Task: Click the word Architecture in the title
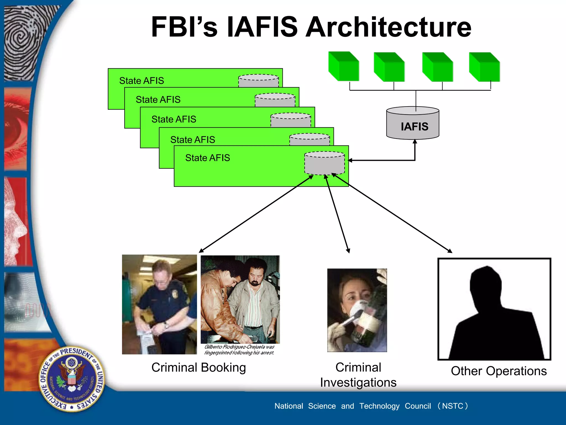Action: coord(388,27)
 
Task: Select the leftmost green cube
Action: coord(344,66)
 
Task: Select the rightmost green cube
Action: coord(484,67)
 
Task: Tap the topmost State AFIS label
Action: coord(141,81)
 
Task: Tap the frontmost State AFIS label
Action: coord(207,158)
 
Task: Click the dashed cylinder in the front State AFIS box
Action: coord(324,163)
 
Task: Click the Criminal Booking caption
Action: coord(198,367)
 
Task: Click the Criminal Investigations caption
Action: coord(358,375)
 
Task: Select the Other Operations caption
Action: coord(499,371)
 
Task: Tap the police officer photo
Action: coord(159,304)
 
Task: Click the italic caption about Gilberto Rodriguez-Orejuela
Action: coord(239,350)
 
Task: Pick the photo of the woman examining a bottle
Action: coord(357,310)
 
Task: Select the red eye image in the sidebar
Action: coord(17,127)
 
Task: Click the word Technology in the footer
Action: coord(379,406)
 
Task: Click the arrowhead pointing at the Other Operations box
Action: coord(450,251)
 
